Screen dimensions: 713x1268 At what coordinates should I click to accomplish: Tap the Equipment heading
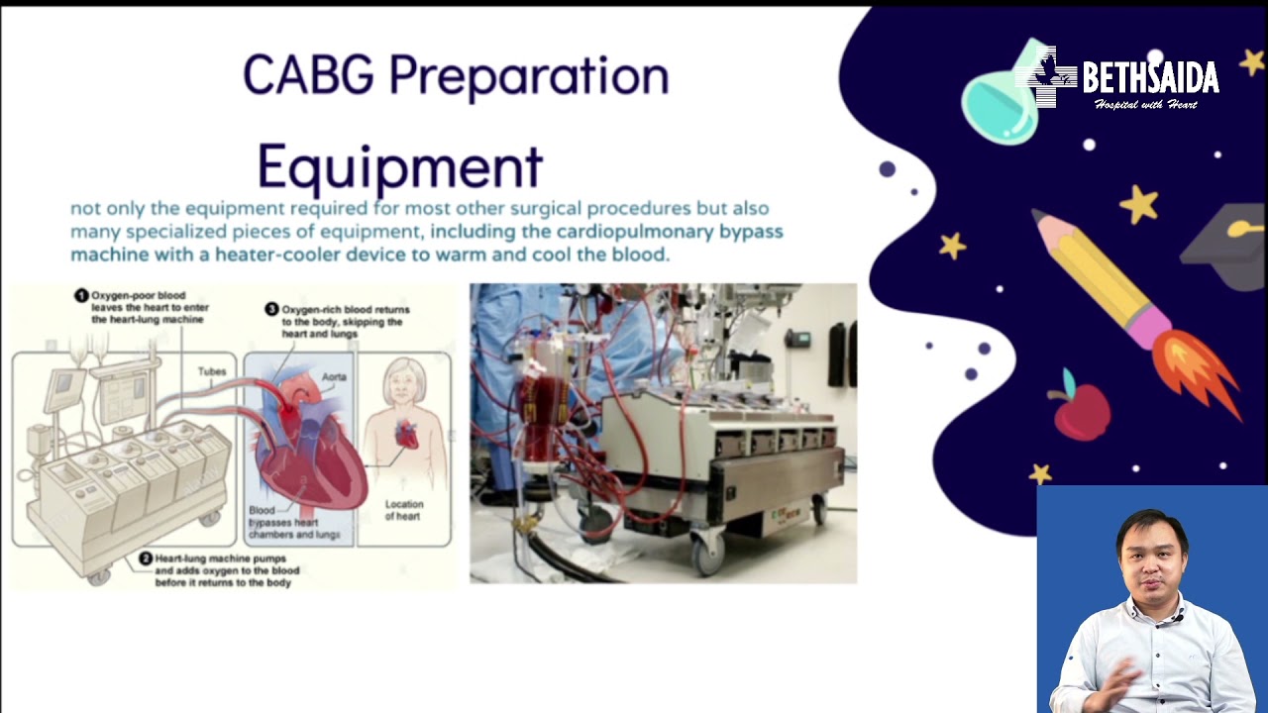point(399,166)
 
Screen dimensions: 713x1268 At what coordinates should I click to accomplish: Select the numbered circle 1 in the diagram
point(81,296)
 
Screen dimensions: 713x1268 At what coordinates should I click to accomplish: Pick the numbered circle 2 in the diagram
point(145,559)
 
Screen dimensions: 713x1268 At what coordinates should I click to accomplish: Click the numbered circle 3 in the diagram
point(271,310)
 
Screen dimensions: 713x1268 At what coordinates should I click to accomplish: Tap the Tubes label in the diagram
point(212,372)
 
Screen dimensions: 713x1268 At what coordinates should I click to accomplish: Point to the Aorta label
point(334,377)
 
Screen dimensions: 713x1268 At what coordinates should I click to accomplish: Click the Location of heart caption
point(402,510)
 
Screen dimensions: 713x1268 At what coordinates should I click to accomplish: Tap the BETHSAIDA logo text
point(1149,77)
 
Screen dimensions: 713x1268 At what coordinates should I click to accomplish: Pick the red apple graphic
point(1081,410)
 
